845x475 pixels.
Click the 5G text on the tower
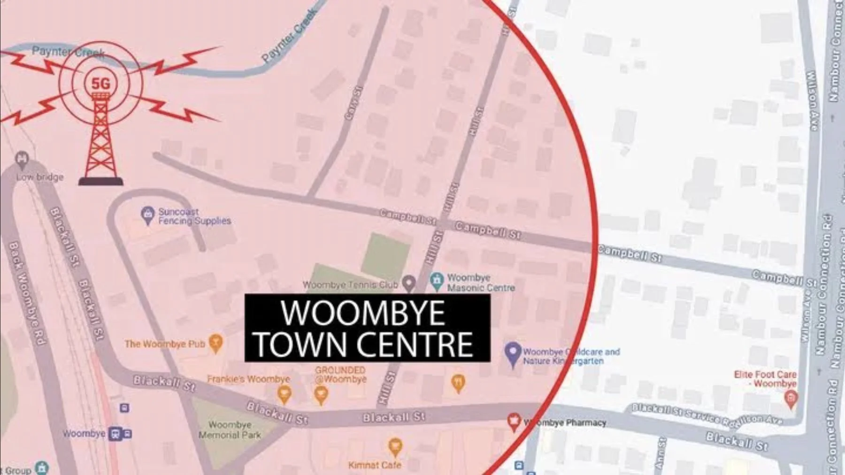pyautogui.click(x=100, y=84)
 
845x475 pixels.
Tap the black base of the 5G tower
pyautogui.click(x=101, y=181)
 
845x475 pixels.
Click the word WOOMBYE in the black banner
pyautogui.click(x=362, y=313)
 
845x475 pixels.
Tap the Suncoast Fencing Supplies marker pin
pyautogui.click(x=148, y=215)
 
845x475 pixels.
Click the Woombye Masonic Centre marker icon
pyautogui.click(x=437, y=281)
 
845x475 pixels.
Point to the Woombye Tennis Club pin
pyautogui.click(x=409, y=283)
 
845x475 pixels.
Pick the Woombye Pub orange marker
pyautogui.click(x=215, y=343)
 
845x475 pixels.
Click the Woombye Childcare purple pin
pyautogui.click(x=513, y=352)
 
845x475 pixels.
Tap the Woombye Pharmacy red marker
pyautogui.click(x=514, y=421)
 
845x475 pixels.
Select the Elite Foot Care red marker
pyautogui.click(x=791, y=399)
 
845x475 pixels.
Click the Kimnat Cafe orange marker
pyautogui.click(x=395, y=446)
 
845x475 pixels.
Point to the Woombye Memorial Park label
pyautogui.click(x=230, y=429)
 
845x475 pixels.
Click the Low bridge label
pyautogui.click(x=40, y=177)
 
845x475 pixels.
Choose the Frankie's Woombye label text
pyautogui.click(x=248, y=379)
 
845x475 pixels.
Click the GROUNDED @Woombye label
pyautogui.click(x=340, y=375)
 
